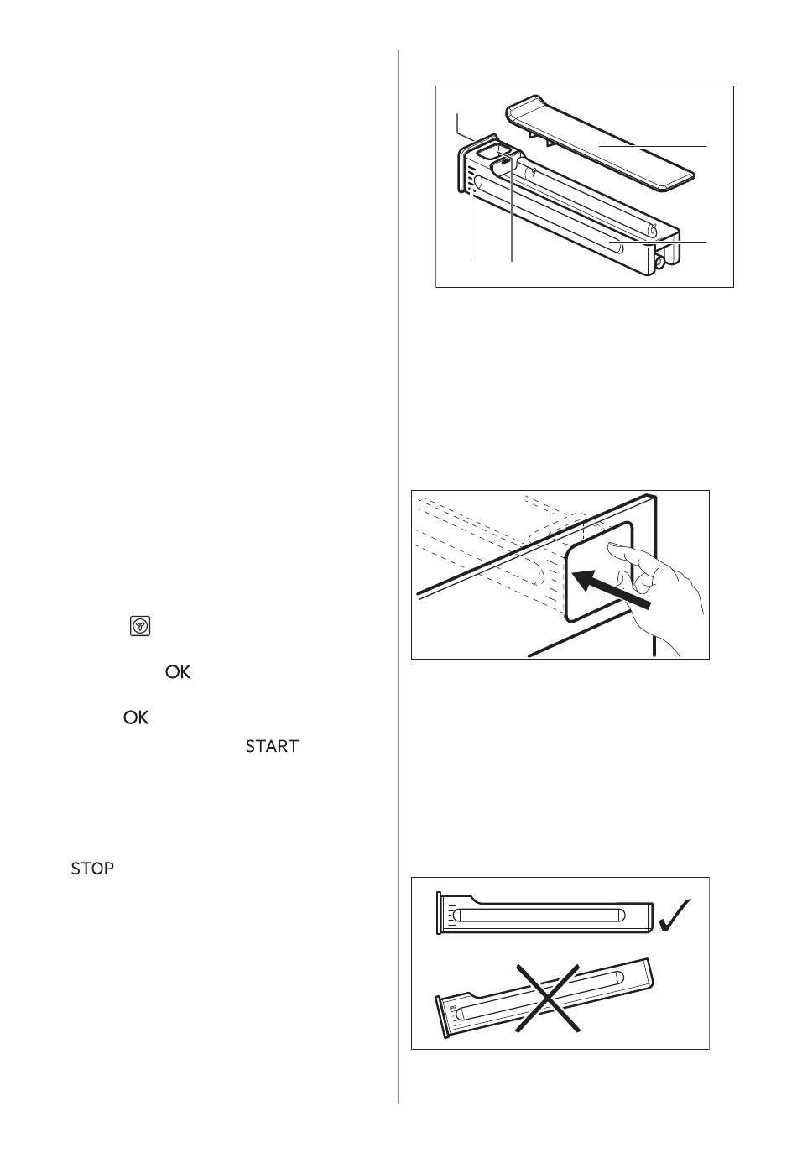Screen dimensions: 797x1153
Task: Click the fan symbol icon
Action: [139, 626]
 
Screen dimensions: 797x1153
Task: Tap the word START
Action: [272, 746]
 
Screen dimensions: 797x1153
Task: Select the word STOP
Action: [92, 869]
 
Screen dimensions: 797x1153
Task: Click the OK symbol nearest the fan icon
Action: [178, 672]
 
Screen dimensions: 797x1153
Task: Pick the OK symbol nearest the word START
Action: [136, 718]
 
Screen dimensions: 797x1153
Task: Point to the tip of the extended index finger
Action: [610, 546]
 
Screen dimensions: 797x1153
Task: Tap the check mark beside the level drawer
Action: [675, 916]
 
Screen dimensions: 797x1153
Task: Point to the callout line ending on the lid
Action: [653, 147]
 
